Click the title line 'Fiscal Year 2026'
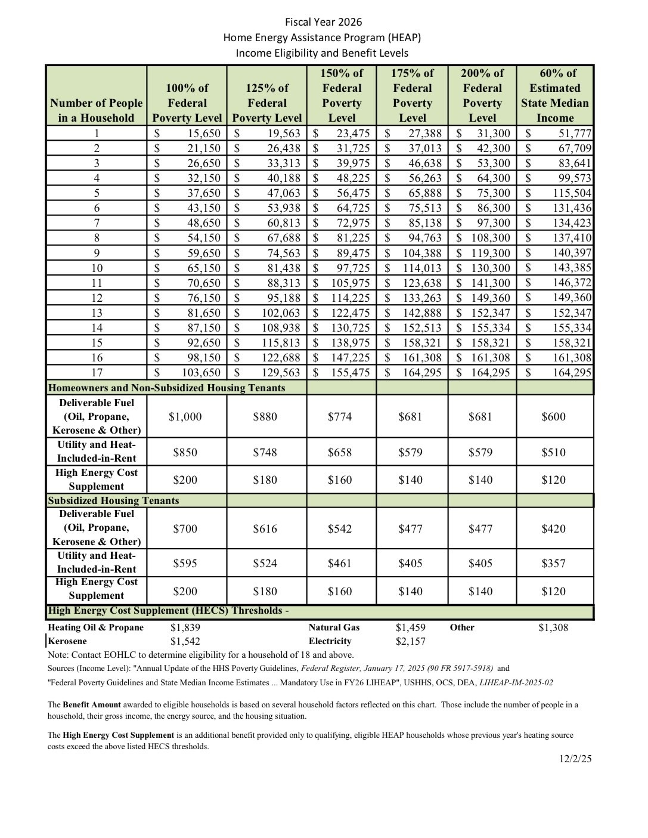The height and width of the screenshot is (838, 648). [323, 23]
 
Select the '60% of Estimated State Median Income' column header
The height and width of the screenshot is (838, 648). [554, 95]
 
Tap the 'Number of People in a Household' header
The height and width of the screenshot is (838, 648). [97, 110]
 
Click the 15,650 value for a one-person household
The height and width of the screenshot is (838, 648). [204, 134]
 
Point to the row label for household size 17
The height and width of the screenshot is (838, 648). [97, 373]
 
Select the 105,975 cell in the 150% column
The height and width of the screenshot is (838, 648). [351, 283]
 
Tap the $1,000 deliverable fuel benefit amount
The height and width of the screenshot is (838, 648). [185, 417]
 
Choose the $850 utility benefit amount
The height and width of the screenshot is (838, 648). [185, 453]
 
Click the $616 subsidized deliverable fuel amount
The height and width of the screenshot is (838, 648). [265, 529]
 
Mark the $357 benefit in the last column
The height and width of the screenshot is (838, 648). [553, 564]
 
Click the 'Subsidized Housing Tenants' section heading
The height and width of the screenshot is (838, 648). [113, 500]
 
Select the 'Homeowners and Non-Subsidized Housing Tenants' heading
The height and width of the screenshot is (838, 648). [166, 388]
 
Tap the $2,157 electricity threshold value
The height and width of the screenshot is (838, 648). [410, 642]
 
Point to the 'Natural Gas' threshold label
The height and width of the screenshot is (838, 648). [334, 627]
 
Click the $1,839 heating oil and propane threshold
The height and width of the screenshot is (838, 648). [185, 627]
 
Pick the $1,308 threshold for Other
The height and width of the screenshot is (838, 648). [553, 627]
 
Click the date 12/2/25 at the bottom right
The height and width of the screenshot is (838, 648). [575, 759]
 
